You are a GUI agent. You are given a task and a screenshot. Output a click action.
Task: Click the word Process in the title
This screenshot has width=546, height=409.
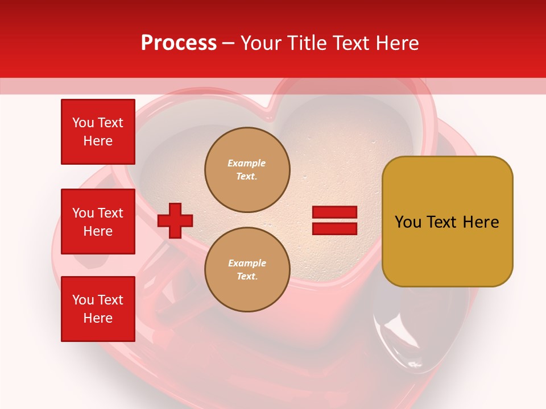point(179,43)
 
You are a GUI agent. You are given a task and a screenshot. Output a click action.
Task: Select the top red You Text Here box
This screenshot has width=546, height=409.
point(98,132)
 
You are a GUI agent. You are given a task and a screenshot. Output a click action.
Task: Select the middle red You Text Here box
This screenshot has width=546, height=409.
point(98,222)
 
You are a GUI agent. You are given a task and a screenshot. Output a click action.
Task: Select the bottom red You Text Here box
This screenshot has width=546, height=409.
point(98,309)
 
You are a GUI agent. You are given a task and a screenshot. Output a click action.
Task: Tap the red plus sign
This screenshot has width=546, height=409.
point(175,221)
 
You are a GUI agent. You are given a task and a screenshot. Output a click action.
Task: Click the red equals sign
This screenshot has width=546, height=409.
point(334,220)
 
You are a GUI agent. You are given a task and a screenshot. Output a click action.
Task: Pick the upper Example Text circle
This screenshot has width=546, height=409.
point(247,169)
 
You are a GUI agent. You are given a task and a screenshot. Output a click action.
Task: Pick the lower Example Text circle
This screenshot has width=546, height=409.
point(247,269)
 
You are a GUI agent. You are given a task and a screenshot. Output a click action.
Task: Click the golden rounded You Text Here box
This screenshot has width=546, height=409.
point(447,222)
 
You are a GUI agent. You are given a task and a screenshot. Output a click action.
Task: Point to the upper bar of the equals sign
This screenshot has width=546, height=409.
point(334,212)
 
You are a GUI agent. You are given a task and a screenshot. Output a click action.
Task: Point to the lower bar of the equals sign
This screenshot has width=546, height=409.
point(334,228)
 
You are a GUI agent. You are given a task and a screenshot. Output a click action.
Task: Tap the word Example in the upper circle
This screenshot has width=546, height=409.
point(247,163)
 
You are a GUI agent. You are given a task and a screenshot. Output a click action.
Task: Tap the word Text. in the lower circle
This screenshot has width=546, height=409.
point(247,277)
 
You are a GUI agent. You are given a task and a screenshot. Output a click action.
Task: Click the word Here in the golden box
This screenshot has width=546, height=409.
point(481,222)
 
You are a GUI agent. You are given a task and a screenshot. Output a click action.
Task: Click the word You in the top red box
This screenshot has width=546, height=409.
point(83,123)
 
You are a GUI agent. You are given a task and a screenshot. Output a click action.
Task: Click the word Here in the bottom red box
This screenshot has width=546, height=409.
point(98,318)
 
